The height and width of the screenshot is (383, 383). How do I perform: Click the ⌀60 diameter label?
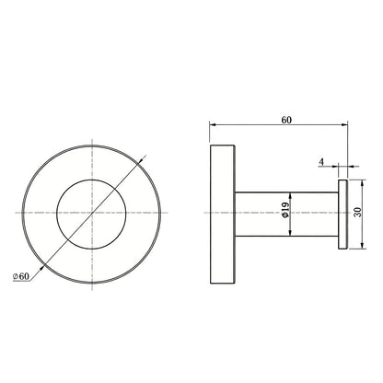(21, 276)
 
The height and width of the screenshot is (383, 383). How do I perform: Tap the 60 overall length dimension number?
(286, 120)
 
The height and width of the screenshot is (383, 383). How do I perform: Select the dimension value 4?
(321, 162)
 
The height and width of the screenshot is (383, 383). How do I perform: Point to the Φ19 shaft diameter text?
(284, 210)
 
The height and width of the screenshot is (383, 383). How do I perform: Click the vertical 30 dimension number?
(358, 212)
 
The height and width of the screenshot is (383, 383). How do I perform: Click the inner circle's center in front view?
(91, 214)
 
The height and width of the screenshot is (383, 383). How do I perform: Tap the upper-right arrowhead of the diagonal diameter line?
(142, 160)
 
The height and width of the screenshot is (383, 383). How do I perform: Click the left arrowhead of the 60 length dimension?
(213, 124)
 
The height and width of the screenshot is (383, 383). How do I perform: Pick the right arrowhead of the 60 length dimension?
(344, 124)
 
